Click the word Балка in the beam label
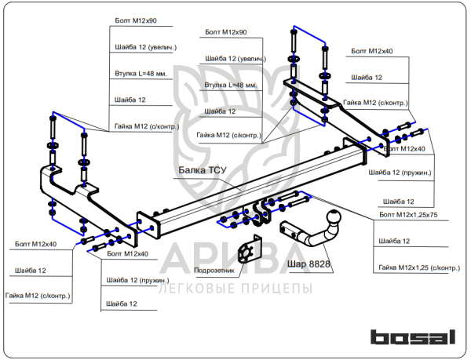(x=192, y=170)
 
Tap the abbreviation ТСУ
(x=217, y=170)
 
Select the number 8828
(x=319, y=264)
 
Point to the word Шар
(x=297, y=264)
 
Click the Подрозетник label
(x=214, y=271)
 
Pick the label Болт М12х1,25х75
(x=408, y=215)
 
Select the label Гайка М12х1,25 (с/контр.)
(x=419, y=267)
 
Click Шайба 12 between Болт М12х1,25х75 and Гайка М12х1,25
(x=394, y=241)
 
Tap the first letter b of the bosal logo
(x=380, y=337)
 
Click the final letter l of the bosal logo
(x=453, y=337)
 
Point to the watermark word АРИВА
(x=234, y=258)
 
